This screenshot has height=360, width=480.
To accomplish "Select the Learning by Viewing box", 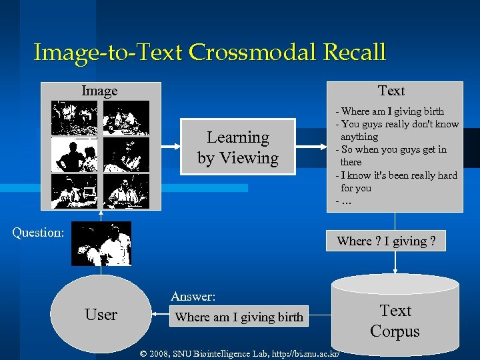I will pos(238,147).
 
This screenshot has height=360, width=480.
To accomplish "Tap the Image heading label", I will pos(99,91).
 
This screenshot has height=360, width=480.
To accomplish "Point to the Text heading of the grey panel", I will pos(391,91).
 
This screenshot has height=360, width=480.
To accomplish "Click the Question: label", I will pos(39,233).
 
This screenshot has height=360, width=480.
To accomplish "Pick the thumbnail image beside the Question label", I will pos(101,244).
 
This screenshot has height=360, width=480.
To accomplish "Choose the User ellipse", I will pos(101,315).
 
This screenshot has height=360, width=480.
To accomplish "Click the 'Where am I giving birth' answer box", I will pos(239,317).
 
